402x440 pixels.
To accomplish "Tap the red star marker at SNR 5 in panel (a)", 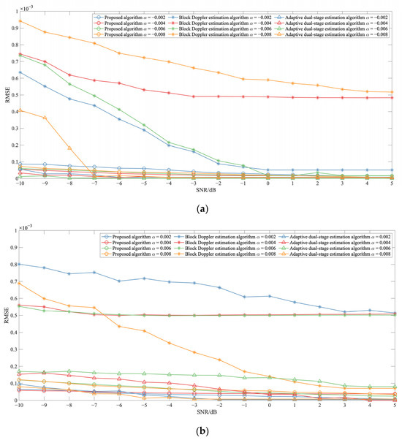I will coord(395,98).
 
